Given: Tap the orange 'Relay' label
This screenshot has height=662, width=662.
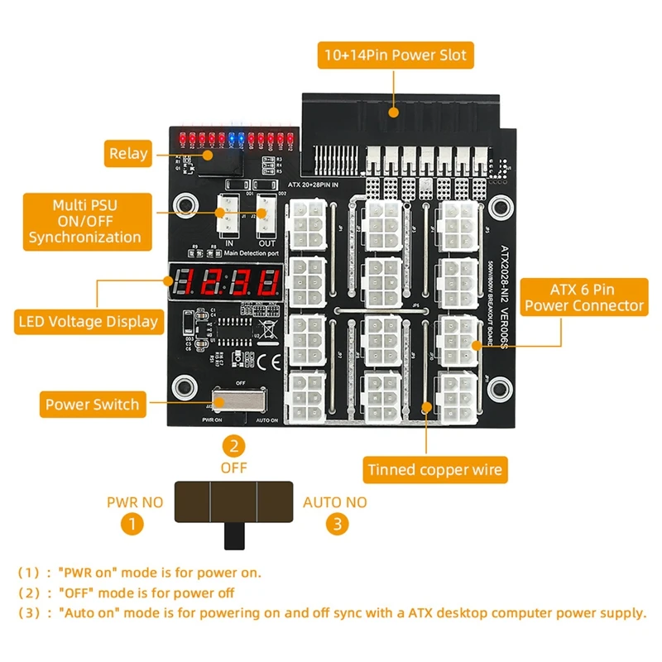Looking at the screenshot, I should pyautogui.click(x=128, y=153).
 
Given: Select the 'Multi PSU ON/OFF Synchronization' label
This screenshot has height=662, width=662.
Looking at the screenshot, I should pyautogui.click(x=85, y=220).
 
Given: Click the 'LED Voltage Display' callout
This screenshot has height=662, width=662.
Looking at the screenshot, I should pyautogui.click(x=89, y=321).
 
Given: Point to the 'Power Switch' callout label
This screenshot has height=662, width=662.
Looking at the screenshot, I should pyautogui.click(x=92, y=405).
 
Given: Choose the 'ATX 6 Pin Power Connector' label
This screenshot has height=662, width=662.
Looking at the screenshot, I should pyautogui.click(x=584, y=298).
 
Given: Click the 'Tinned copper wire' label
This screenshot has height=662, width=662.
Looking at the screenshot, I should pyautogui.click(x=434, y=470).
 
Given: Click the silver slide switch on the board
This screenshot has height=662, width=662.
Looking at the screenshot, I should pyautogui.click(x=240, y=401).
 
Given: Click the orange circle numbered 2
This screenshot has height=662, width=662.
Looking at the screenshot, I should pyautogui.click(x=236, y=446).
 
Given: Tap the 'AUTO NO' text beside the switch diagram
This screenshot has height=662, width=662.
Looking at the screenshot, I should pyautogui.click(x=334, y=501).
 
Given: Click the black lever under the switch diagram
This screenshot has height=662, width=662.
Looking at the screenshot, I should pyautogui.click(x=236, y=535).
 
